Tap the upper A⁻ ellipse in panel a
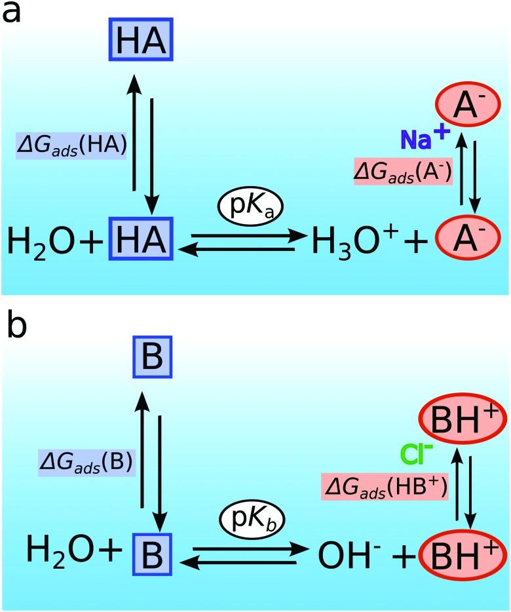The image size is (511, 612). [x=461, y=107]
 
